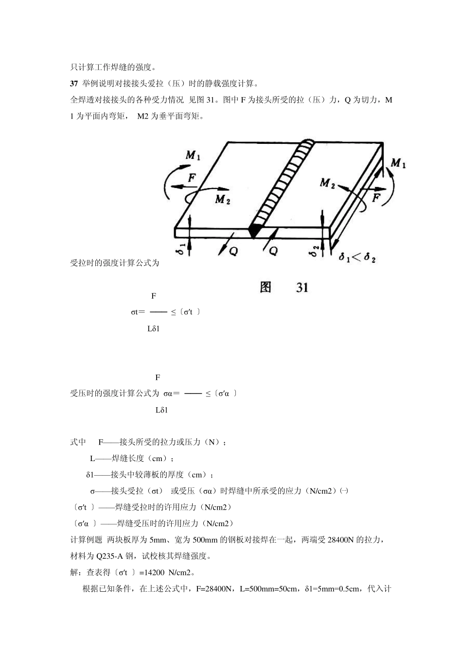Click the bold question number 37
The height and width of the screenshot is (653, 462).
[74, 83]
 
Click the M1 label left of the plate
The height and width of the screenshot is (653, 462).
[193, 155]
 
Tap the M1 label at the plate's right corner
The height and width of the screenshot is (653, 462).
[399, 163]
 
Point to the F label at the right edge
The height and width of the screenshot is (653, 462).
[377, 197]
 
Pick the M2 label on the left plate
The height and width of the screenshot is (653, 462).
[222, 199]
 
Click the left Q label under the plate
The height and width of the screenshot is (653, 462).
[233, 251]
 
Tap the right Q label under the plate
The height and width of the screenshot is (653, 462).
[274, 250]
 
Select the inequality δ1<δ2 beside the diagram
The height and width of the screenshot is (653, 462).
[357, 258]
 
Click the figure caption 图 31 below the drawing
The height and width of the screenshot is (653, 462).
[284, 288]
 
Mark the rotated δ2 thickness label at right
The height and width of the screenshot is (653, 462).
[315, 251]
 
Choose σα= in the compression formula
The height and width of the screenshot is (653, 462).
[172, 394]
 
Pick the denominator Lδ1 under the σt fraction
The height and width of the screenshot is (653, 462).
[154, 328]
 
